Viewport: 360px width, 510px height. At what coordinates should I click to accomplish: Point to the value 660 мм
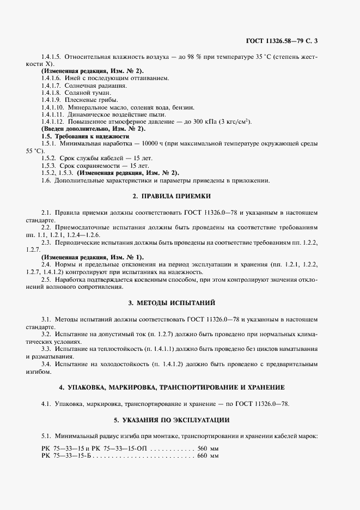click(208, 456)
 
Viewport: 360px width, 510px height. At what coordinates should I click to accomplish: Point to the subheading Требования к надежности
click(92, 136)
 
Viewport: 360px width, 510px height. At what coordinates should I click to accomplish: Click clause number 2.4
click(46, 263)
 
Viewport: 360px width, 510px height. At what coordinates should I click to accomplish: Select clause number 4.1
click(46, 404)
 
